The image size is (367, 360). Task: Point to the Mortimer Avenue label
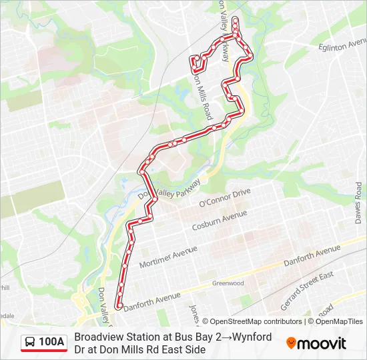(168, 255)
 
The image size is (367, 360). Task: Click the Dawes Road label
(359, 204)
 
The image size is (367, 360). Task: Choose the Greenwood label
(228, 283)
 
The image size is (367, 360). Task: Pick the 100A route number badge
(51, 342)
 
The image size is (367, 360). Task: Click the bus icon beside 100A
(31, 342)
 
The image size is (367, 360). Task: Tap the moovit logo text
(322, 343)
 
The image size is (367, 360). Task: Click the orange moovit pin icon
(292, 343)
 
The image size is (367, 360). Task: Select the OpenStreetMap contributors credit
(252, 321)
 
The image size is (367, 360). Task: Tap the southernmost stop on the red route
(119, 306)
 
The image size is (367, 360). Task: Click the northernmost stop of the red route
(235, 19)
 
